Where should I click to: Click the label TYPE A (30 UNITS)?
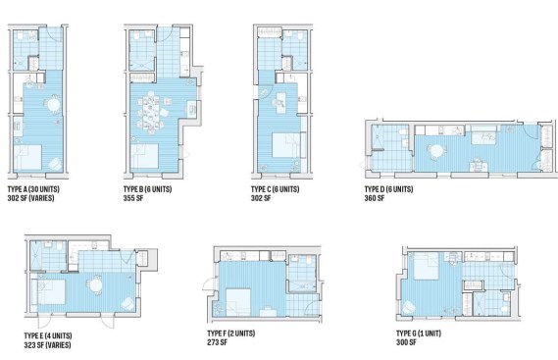tap(33, 189)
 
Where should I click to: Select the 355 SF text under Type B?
tap(133, 198)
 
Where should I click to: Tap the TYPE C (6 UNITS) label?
tap(276, 189)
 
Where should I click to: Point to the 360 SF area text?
tap(375, 198)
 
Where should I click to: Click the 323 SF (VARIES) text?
tap(47, 344)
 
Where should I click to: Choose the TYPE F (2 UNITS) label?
tap(231, 334)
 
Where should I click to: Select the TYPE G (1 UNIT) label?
tap(419, 334)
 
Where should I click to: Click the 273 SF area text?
tap(217, 342)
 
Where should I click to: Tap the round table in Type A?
tap(54, 105)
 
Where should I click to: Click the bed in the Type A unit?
tap(27, 157)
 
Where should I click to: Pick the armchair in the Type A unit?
tap(55, 164)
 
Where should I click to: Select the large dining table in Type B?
tap(151, 113)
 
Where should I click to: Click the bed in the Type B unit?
tap(144, 156)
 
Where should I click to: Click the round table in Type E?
tap(95, 285)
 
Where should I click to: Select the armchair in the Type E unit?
tap(127, 303)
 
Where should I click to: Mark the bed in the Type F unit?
tap(237, 302)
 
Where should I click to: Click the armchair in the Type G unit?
tap(409, 307)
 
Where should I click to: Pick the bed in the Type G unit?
tap(427, 266)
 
